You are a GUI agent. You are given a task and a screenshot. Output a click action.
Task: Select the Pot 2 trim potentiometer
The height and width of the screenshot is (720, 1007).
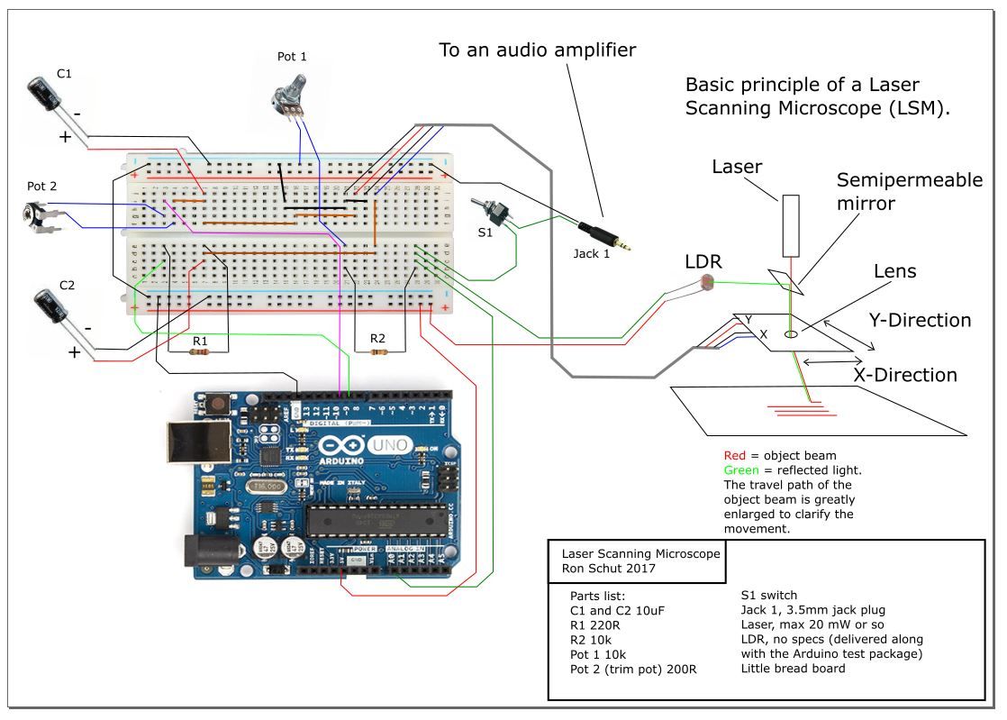(x=41, y=217)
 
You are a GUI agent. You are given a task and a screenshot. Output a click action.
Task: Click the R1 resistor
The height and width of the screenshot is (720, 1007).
(x=200, y=351)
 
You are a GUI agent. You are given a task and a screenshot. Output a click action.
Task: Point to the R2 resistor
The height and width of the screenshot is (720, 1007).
(x=379, y=351)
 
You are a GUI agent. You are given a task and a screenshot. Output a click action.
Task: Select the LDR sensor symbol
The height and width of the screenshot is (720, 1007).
(x=705, y=286)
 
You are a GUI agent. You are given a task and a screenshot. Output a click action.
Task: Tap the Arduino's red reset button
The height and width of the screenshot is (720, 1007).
(x=217, y=406)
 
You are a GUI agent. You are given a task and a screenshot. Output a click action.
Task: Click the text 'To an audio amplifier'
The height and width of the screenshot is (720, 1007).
(x=537, y=50)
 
